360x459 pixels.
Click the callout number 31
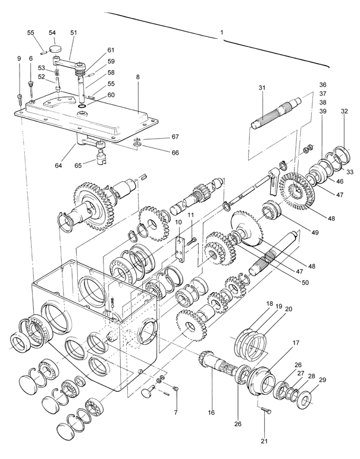pyautogui.click(x=262, y=88)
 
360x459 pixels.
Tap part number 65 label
pyautogui.click(x=79, y=165)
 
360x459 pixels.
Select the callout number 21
pyautogui.click(x=264, y=441)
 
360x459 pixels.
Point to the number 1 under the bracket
pyautogui.click(x=222, y=33)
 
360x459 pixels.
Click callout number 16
pyautogui.click(x=211, y=413)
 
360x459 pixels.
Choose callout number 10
pyautogui.click(x=179, y=222)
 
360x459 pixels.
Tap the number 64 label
pyautogui.click(x=58, y=166)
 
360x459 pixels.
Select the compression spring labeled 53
pyautogui.click(x=56, y=74)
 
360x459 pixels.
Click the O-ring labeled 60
pyautogui.click(x=82, y=106)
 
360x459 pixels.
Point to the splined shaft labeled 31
pyautogui.click(x=277, y=113)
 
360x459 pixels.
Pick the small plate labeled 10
pyautogui.click(x=180, y=249)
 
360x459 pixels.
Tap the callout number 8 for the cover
pyautogui.click(x=138, y=77)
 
